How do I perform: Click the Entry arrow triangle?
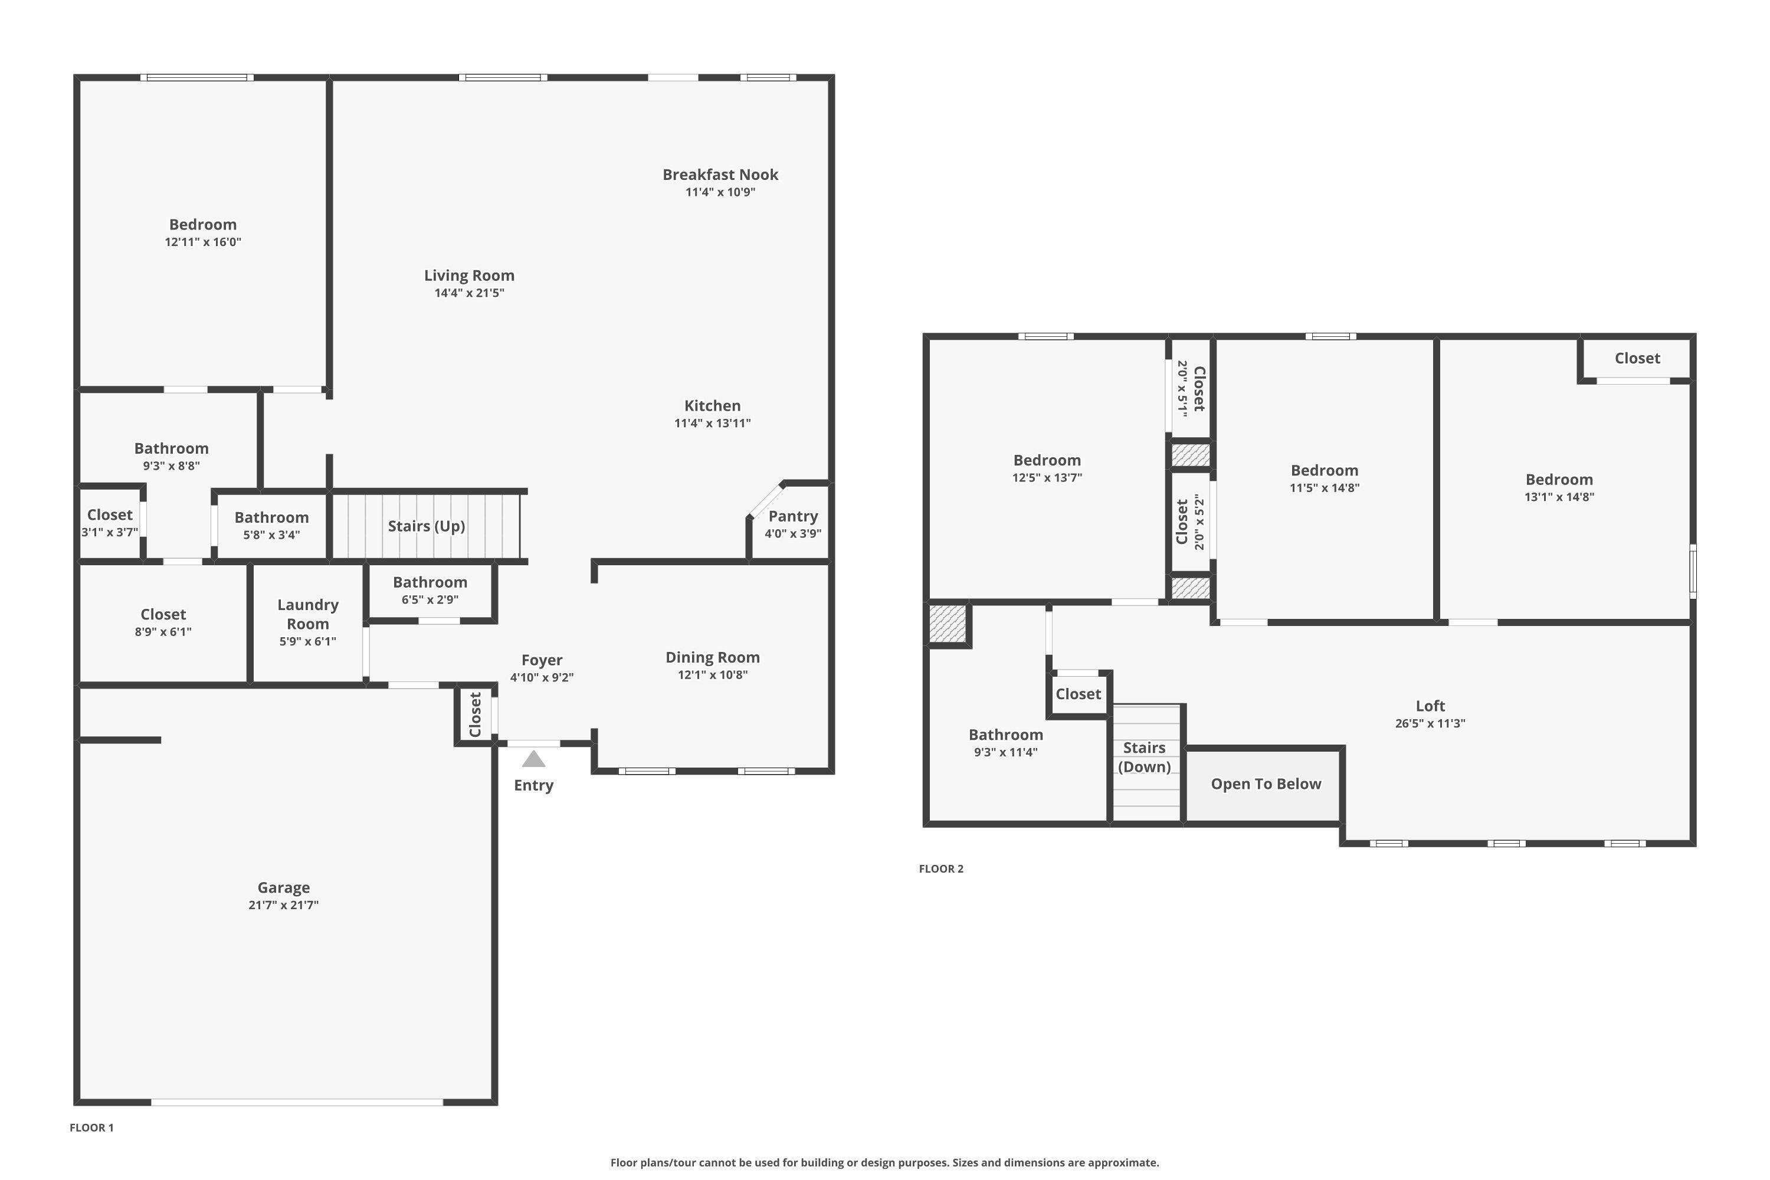[533, 759]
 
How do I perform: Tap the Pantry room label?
[792, 516]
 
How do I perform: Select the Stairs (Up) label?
[426, 526]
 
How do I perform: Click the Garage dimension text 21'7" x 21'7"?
[284, 905]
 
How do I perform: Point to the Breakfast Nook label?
[720, 175]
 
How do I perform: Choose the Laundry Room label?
[308, 614]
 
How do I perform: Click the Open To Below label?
[1266, 784]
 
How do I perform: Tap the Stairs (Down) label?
[1144, 757]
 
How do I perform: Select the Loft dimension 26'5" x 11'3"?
[1430, 724]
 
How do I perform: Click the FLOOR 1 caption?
[92, 1127]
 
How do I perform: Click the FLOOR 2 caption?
[940, 868]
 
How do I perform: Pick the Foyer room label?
[542, 660]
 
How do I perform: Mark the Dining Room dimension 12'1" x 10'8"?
[713, 675]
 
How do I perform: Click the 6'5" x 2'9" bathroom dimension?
[430, 600]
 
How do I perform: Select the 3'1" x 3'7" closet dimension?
[110, 533]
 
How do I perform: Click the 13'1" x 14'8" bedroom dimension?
[1559, 497]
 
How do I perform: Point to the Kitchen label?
[713, 406]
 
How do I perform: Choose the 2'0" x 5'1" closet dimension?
[1182, 388]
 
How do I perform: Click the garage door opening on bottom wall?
[297, 1103]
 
